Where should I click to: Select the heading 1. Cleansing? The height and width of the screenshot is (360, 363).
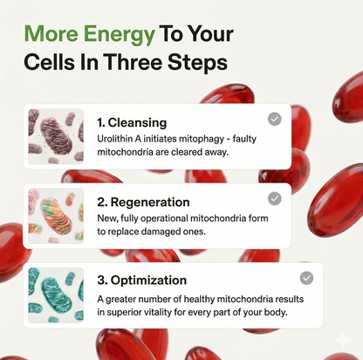pyautogui.click(x=132, y=122)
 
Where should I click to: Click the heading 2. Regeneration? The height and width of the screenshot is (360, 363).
pyautogui.click(x=143, y=202)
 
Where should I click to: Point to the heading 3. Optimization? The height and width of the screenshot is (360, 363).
pyautogui.click(x=142, y=280)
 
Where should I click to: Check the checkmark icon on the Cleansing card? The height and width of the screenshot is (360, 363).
pyautogui.click(x=275, y=119)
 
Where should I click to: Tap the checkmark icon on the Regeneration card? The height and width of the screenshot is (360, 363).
pyautogui.click(x=275, y=198)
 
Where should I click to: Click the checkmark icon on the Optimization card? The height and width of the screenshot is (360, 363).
pyautogui.click(x=306, y=278)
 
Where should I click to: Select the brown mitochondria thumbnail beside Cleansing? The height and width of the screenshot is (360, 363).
pyautogui.click(x=56, y=136)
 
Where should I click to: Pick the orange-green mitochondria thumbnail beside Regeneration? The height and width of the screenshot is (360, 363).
pyautogui.click(x=56, y=216)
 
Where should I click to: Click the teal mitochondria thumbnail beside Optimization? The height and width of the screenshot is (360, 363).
pyautogui.click(x=56, y=295)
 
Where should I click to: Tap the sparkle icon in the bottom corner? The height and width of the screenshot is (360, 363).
pyautogui.click(x=343, y=340)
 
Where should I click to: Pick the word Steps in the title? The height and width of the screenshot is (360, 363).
pyautogui.click(x=197, y=63)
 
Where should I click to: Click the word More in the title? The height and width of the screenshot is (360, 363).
pyautogui.click(x=51, y=33)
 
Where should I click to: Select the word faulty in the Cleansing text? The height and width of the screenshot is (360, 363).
pyautogui.click(x=244, y=139)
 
